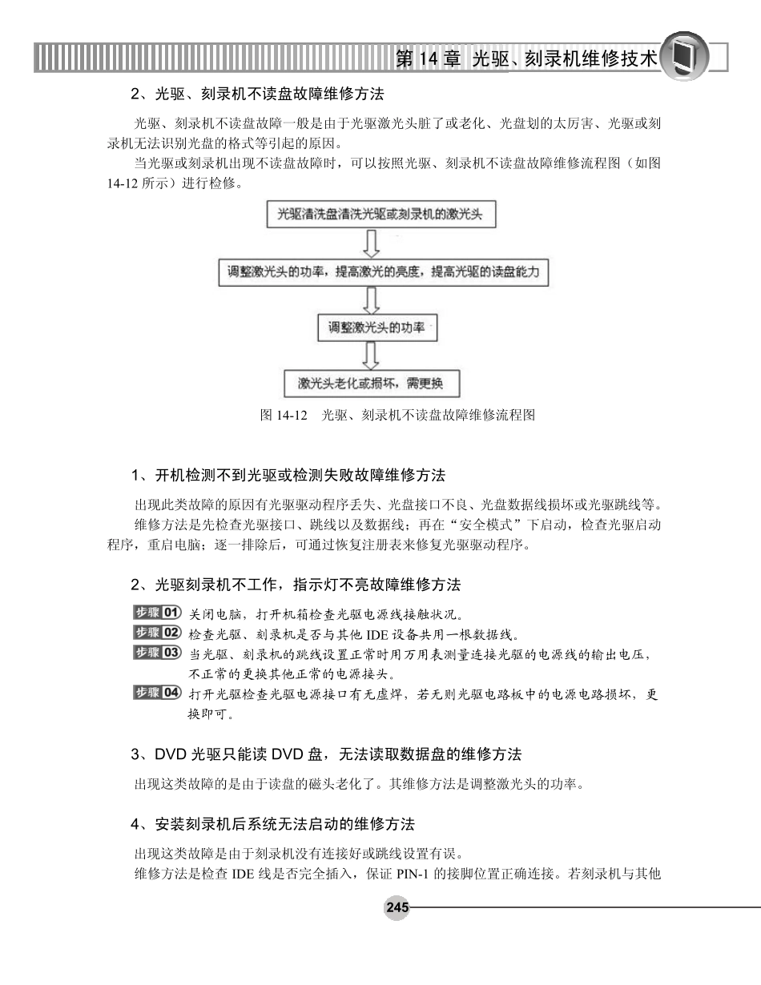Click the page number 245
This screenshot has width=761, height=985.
coord(397,907)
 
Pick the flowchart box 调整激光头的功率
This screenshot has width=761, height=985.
coord(377,328)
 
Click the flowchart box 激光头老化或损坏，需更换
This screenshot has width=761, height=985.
coord(372,383)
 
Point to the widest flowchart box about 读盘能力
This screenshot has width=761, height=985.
coord(383,272)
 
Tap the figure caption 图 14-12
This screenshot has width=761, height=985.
coord(397,415)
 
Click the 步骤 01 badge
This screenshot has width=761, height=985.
coord(156,613)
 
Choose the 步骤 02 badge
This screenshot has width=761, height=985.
coord(156,633)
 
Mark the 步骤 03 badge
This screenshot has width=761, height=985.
coord(156,653)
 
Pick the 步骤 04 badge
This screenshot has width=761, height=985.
coord(156,693)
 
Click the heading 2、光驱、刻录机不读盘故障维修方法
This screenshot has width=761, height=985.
coord(257,94)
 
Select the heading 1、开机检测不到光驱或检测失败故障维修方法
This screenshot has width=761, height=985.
coord(288,476)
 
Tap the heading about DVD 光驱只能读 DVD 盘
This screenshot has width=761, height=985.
coord(326,754)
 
